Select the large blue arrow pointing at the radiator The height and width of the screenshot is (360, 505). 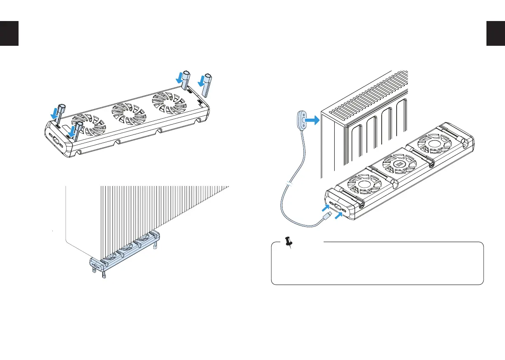312,120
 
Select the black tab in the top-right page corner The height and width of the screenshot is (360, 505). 496,33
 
